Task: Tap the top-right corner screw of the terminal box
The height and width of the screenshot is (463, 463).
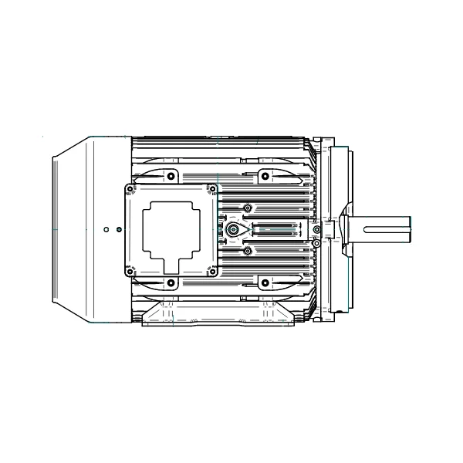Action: [x=212, y=188]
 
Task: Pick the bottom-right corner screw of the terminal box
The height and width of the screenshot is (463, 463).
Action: [x=212, y=270]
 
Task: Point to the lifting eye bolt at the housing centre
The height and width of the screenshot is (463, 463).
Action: [x=233, y=230]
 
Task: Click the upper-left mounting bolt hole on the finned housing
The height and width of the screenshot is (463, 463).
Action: [x=171, y=175]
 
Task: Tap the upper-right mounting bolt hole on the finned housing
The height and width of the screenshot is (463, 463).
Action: [x=265, y=175]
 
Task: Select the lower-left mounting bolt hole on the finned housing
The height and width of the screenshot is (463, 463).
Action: [x=171, y=283]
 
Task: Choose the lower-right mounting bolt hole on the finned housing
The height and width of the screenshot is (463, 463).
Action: [x=265, y=283]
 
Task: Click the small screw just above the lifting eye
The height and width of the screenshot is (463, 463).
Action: [x=247, y=208]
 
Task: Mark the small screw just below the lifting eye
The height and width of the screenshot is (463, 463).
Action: [x=247, y=251]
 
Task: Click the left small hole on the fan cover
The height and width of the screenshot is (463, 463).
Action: [x=106, y=229]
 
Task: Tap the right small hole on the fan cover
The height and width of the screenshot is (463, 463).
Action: [x=117, y=229]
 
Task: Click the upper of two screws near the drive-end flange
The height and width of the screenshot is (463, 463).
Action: [x=316, y=220]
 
